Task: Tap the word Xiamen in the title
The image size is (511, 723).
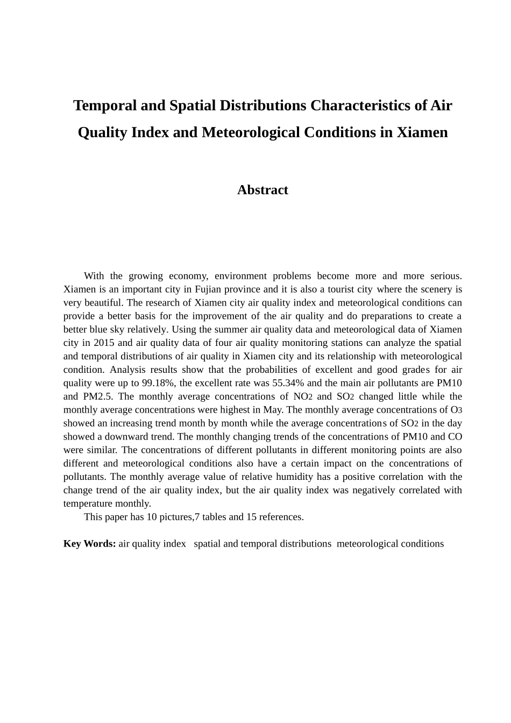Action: (422, 132)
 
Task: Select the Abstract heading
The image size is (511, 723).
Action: (262, 190)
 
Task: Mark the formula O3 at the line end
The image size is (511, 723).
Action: (456, 410)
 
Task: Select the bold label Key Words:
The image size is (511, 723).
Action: (89, 544)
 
